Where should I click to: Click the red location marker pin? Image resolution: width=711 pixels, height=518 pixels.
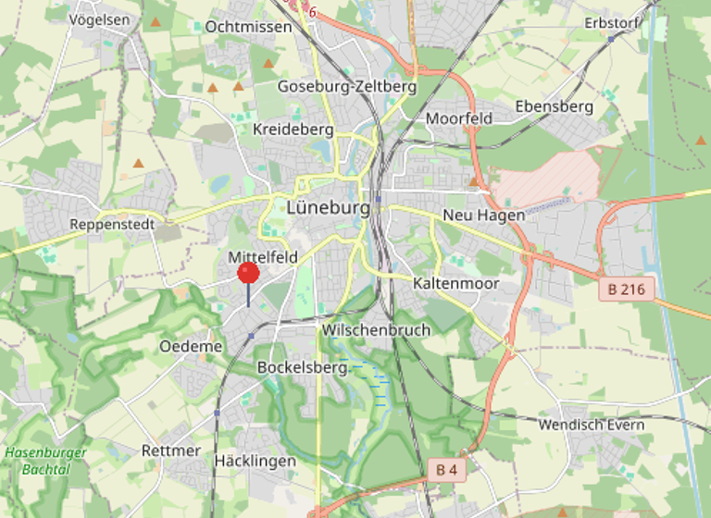coord(248,273)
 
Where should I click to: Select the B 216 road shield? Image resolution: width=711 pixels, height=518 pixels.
coord(627,290)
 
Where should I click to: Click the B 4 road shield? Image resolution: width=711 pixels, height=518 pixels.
coord(446,470)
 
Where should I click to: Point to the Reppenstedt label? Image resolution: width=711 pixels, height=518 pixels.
coord(111,225)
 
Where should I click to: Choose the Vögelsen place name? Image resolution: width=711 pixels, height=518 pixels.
coord(99,19)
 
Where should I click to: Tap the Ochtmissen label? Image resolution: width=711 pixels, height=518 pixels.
coord(248,27)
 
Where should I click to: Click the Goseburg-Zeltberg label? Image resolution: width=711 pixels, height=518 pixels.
coord(347,87)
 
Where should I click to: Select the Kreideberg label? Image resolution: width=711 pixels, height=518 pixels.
coord(293,129)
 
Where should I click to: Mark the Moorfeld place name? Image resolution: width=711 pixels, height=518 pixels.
coord(458,119)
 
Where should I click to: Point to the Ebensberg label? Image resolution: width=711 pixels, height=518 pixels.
coord(554,106)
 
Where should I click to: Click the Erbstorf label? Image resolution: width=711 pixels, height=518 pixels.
coord(614,23)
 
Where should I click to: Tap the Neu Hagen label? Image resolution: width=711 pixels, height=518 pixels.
coord(484,215)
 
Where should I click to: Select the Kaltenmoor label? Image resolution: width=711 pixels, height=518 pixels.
coord(456,283)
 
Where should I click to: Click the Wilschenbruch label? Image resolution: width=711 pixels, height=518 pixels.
coord(376,330)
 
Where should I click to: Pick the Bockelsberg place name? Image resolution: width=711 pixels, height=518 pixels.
coord(302,367)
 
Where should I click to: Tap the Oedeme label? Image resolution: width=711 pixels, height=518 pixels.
coord(191,346)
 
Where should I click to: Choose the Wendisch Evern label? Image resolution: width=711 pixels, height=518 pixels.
coord(592,425)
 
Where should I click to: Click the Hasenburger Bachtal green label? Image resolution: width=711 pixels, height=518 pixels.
coord(45,461)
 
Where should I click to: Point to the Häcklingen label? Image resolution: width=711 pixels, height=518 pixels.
coord(255,461)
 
